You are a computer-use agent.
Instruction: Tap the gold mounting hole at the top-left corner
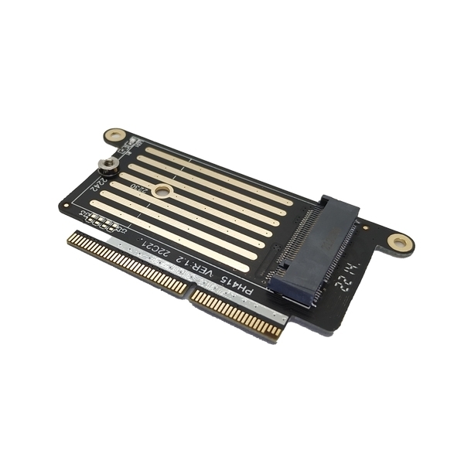115,136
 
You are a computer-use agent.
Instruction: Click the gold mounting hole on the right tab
400,243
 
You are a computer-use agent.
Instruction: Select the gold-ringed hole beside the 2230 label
162,190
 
